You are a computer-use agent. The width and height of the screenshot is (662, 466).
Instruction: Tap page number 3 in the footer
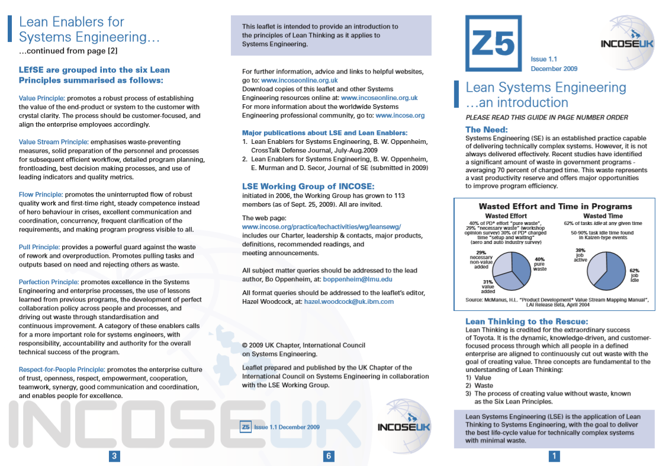[x=115, y=455]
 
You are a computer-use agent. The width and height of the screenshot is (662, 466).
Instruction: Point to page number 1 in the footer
[x=554, y=455]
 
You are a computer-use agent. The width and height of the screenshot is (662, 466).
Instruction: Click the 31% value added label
[x=488, y=287]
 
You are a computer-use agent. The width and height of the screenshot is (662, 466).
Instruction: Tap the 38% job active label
[x=580, y=255]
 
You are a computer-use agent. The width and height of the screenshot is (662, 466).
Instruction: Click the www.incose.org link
[x=400, y=115]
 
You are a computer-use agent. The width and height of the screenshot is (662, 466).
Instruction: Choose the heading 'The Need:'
[x=486, y=130]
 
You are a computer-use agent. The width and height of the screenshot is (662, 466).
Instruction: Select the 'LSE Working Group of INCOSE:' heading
[x=308, y=187]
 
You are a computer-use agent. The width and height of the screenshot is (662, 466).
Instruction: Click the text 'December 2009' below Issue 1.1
[x=554, y=69]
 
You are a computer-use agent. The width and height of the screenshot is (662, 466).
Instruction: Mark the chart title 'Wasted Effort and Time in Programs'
[x=555, y=207]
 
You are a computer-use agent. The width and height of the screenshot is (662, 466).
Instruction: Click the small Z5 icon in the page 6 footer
[x=245, y=426]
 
